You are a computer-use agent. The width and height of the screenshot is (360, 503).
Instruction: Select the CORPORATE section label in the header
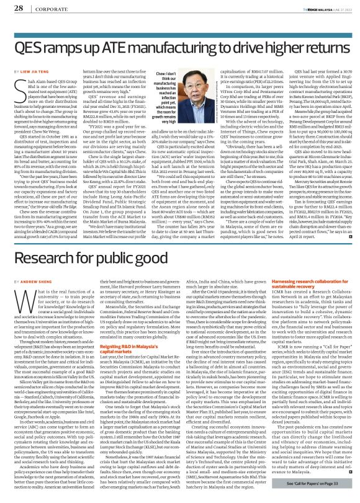[46, 7]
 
